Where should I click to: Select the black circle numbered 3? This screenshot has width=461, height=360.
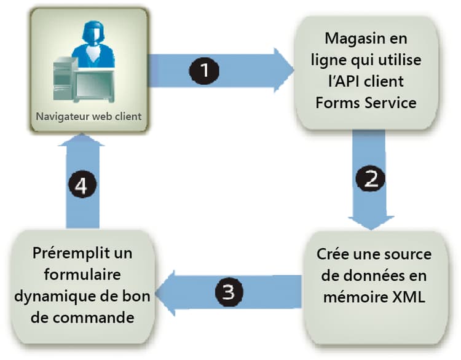click(x=228, y=292)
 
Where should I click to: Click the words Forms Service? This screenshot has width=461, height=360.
click(x=366, y=102)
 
